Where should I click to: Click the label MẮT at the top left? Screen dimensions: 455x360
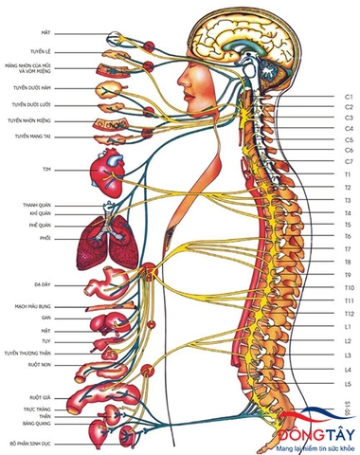[x=45, y=31]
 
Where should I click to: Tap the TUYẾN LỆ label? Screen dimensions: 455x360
[x=40, y=52]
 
